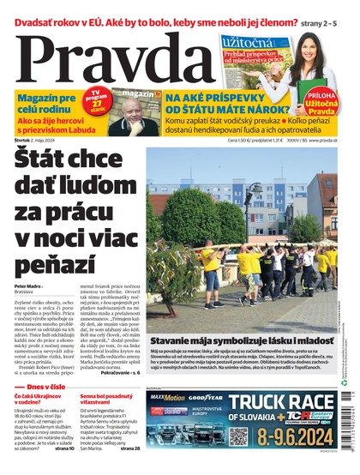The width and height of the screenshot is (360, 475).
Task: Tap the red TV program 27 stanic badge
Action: [x=100, y=100]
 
